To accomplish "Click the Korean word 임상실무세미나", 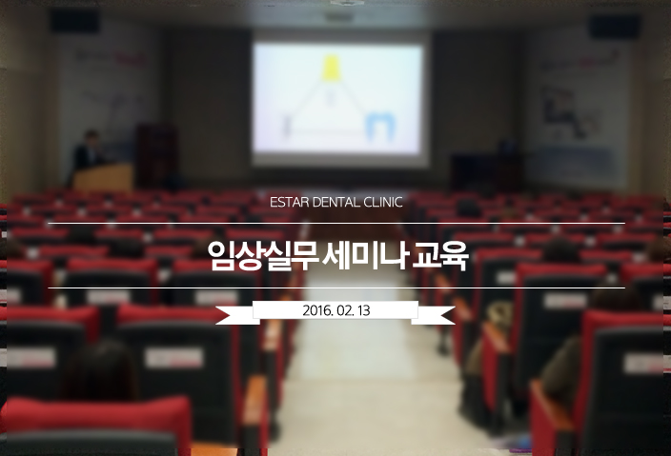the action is pos(306,255).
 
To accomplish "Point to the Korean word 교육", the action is pos(440,256).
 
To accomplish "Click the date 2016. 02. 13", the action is pos(335,310).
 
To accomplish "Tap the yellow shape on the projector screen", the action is pos(332,68).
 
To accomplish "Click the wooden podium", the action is pos(103,176).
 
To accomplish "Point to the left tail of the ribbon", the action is pos(234,315).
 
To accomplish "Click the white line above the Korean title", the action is pos(336,223).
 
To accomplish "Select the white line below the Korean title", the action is pos(336,288).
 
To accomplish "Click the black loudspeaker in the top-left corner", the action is pos(75,21).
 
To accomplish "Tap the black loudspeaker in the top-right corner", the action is pos(615,27).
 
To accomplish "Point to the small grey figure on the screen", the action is pos(287,127).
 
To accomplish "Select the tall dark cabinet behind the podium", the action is pos(156,155).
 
